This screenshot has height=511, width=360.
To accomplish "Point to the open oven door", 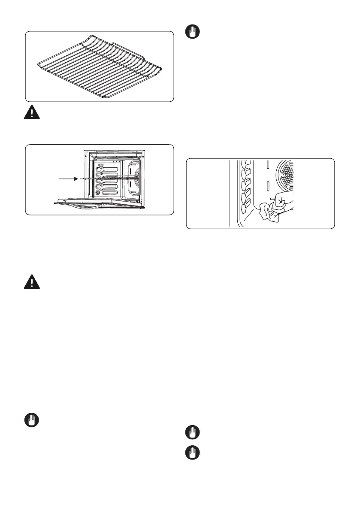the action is pos(99,203).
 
